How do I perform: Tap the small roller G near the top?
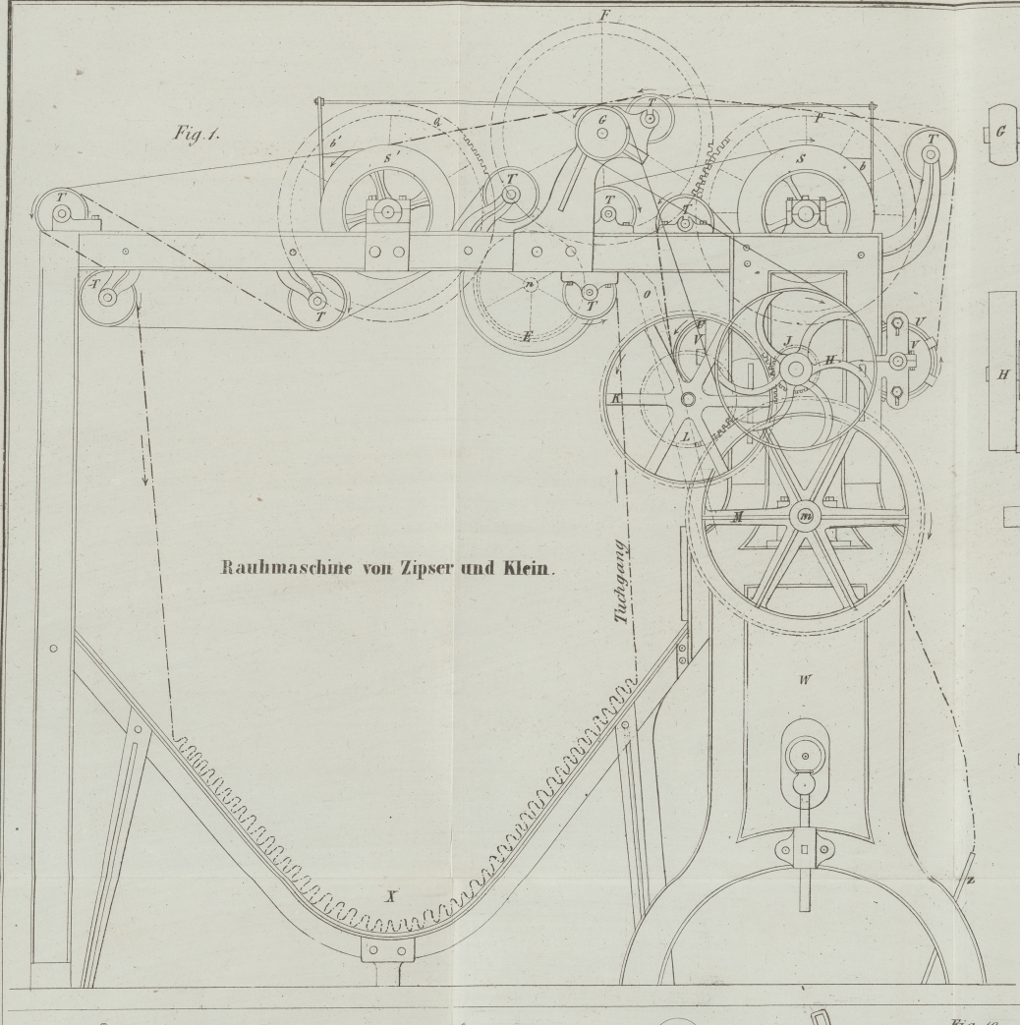click(601, 127)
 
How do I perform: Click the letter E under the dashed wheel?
click(528, 337)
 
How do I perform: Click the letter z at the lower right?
click(970, 881)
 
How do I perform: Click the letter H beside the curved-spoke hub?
click(829, 361)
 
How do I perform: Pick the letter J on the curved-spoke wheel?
click(787, 343)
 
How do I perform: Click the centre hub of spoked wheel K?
click(686, 398)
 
